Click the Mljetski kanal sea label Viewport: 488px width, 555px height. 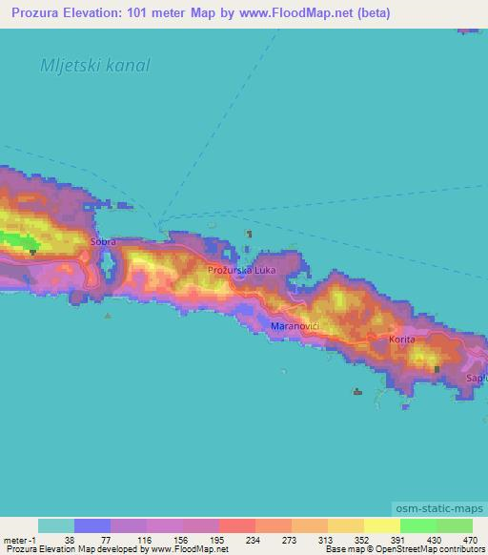click(95, 67)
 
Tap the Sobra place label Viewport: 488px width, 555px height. click(103, 243)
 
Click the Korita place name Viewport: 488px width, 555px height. click(402, 339)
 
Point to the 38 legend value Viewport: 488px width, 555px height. click(68, 539)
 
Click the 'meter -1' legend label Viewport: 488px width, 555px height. click(17, 539)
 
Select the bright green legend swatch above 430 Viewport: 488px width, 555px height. click(418, 525)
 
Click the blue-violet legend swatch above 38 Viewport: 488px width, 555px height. click(92, 525)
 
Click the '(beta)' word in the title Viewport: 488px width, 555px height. click(371, 14)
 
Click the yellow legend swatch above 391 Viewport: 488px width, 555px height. click(382, 525)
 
